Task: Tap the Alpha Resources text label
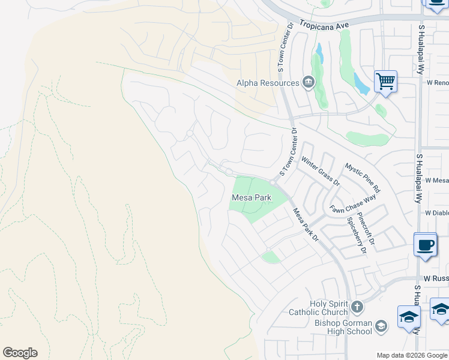click(x=268, y=83)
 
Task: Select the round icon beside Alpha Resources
click(x=309, y=82)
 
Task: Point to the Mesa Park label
click(x=252, y=197)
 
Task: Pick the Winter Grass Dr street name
click(x=320, y=170)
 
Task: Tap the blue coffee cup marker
click(x=425, y=245)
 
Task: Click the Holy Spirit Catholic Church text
click(x=319, y=308)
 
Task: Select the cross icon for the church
click(x=357, y=308)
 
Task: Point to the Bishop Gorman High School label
click(x=343, y=327)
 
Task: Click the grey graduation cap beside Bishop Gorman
click(x=381, y=327)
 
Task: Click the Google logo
click(x=20, y=353)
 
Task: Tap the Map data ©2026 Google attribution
click(x=412, y=355)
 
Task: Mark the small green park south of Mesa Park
click(x=271, y=257)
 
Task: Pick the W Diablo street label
click(x=436, y=213)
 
